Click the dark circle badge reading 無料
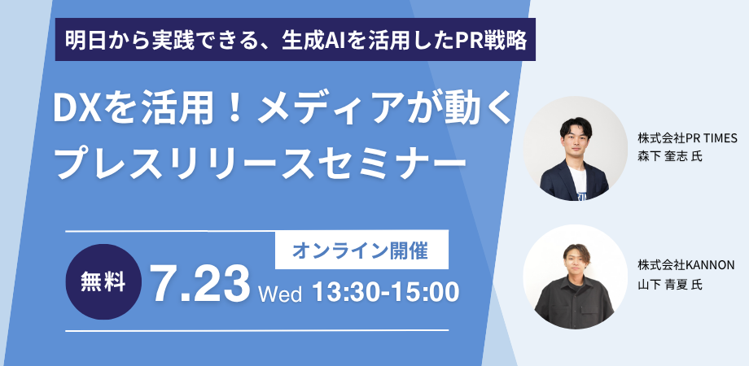click(x=103, y=281)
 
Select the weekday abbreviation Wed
click(x=280, y=294)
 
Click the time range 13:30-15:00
click(x=384, y=291)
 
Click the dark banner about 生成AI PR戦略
click(x=296, y=40)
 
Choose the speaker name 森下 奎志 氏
click(x=670, y=156)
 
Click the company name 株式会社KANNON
click(x=686, y=265)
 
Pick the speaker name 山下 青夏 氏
click(x=670, y=285)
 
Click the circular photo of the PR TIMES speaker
click(x=575, y=148)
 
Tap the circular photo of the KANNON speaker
click(x=575, y=277)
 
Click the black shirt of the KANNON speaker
click(x=573, y=302)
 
